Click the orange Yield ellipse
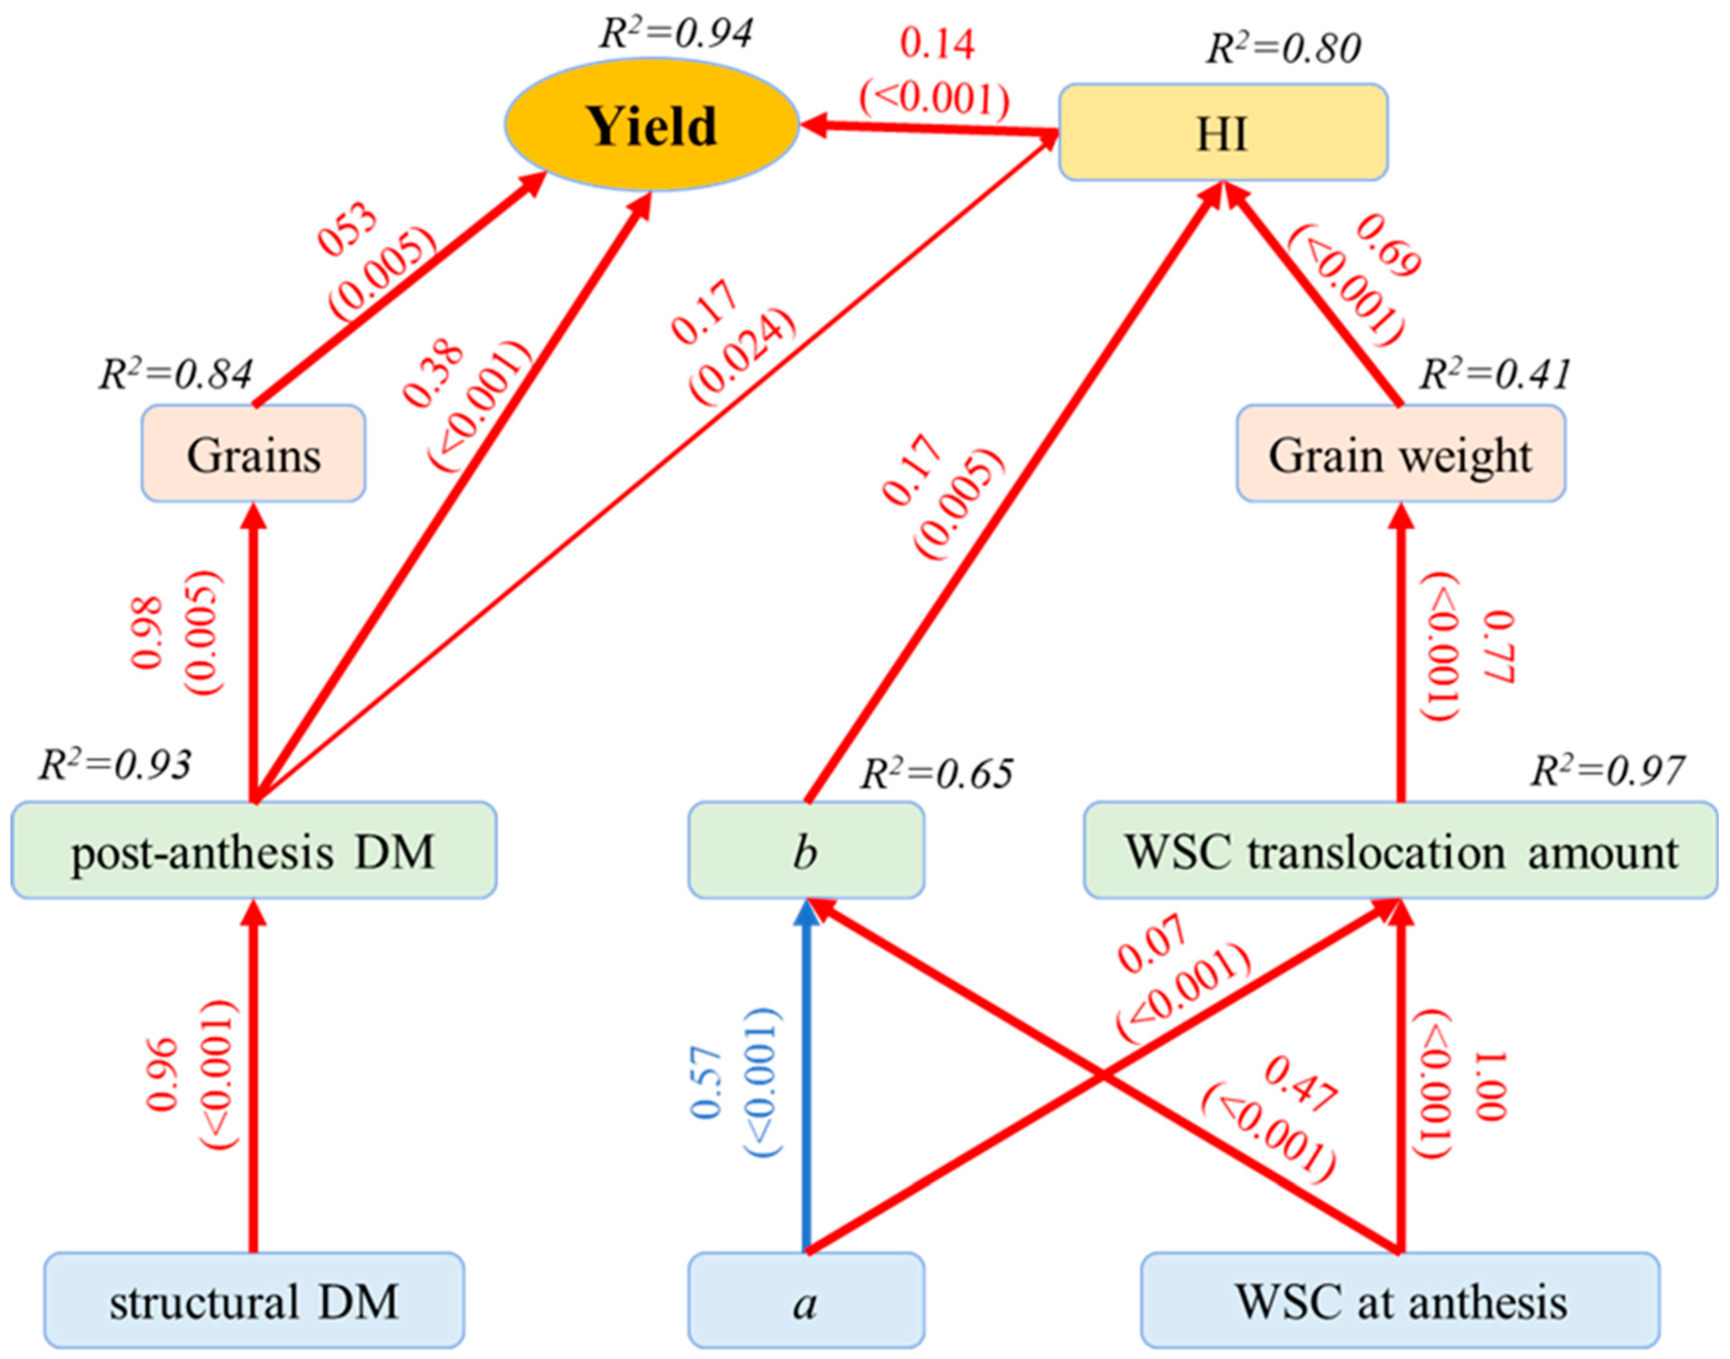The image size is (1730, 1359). tap(651, 126)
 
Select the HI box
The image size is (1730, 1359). tap(1222, 133)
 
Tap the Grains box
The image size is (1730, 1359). tap(253, 454)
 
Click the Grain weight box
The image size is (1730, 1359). tap(1400, 454)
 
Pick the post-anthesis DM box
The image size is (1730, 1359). tap(253, 850)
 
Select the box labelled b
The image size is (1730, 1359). tap(805, 850)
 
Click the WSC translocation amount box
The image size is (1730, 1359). tap(1400, 850)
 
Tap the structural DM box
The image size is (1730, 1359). tap(253, 1303)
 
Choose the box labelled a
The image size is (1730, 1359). tap(805, 1303)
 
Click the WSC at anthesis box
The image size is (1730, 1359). tap(1400, 1303)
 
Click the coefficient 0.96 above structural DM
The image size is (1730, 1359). tap(162, 1074)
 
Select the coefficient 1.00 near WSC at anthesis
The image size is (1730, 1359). tap(1490, 1086)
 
